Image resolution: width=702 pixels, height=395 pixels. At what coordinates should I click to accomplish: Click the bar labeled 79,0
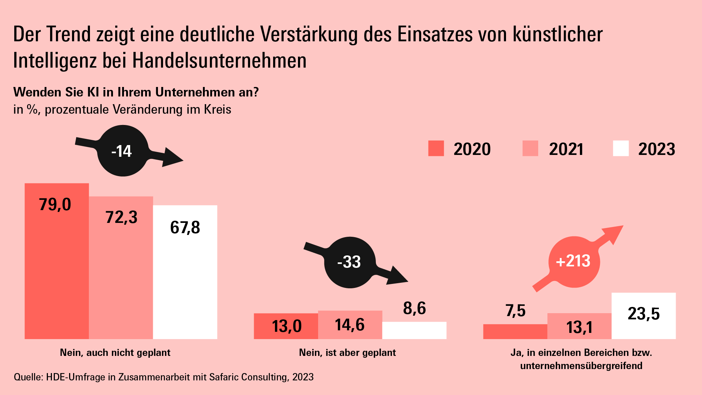[x=57, y=261]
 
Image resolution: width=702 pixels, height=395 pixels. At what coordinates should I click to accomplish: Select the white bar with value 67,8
[x=185, y=272]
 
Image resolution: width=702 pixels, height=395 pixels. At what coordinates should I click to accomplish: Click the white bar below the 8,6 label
[x=414, y=330]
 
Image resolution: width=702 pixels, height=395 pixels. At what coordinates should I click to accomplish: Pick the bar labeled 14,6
[x=350, y=325]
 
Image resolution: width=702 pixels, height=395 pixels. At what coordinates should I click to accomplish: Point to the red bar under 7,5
[x=515, y=331]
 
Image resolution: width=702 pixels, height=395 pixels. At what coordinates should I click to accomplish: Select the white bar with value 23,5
[x=643, y=316]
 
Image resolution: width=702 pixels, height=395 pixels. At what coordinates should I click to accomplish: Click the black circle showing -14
[x=123, y=151]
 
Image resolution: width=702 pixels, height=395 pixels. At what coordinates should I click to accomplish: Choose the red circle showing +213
[x=574, y=262]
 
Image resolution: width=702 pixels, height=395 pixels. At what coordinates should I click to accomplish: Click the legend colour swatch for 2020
[x=436, y=148]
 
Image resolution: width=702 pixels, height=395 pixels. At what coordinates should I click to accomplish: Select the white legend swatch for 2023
[x=620, y=148]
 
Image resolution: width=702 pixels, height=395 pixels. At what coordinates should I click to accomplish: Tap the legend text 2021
[x=566, y=149]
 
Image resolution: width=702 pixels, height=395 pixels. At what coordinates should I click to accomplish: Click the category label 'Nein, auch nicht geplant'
[x=115, y=353]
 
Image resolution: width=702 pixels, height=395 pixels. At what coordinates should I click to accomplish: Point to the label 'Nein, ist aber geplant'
[x=347, y=353]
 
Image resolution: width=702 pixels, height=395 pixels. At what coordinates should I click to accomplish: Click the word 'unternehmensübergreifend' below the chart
[x=581, y=366]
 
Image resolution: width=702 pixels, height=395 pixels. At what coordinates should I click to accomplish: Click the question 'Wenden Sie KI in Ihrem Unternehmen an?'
[x=136, y=92]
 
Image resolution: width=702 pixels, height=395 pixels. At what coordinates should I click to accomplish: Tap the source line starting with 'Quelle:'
[x=163, y=377]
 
